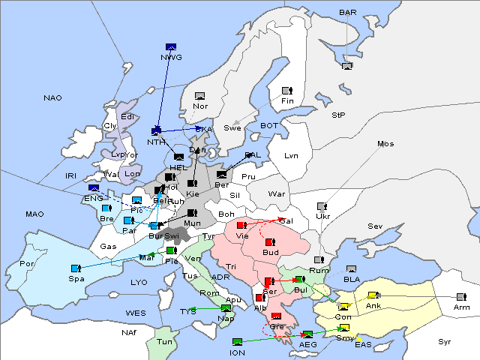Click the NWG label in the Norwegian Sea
(171, 57)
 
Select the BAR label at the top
(347, 12)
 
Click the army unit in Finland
(286, 90)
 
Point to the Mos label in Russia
(385, 143)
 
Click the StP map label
(339, 115)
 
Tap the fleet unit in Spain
(75, 268)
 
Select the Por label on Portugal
(28, 264)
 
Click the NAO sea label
(53, 97)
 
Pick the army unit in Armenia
(460, 296)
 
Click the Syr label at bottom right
(445, 341)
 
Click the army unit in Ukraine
(322, 206)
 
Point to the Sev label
(375, 226)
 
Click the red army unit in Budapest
(269, 242)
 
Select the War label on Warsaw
(277, 193)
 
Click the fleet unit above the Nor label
(200, 96)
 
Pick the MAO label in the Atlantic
(34, 214)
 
